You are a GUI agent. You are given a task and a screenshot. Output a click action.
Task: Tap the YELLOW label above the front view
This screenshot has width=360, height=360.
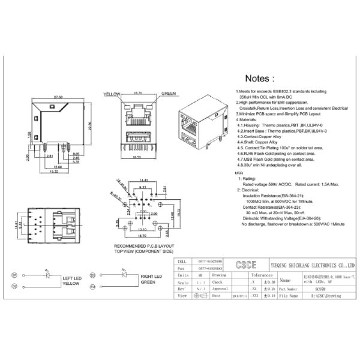(x=112, y=94)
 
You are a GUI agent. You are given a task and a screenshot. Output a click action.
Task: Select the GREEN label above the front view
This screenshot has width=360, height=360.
(x=168, y=94)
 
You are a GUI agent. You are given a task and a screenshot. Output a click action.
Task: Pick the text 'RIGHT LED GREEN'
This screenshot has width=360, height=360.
(x=154, y=280)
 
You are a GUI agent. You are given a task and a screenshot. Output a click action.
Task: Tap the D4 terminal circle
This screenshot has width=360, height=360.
(x=94, y=286)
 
